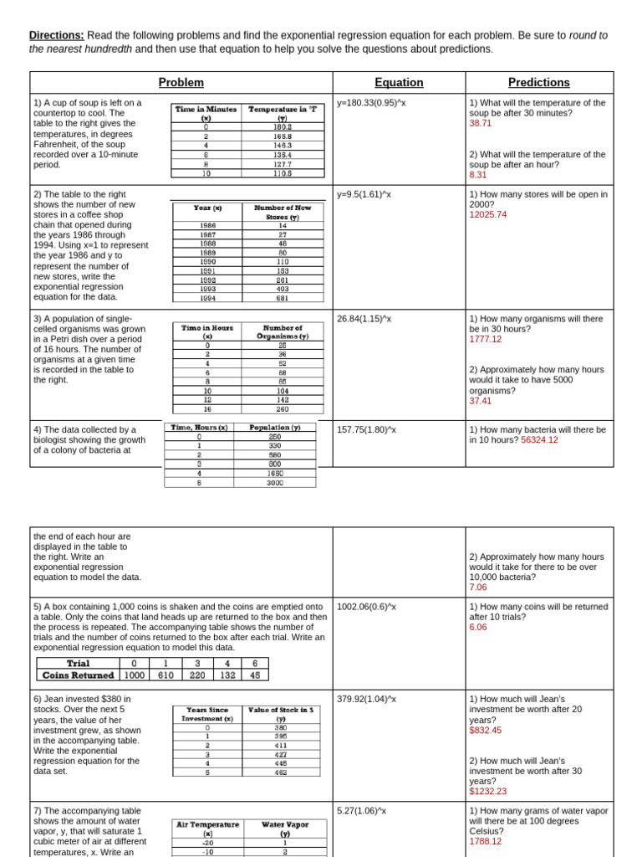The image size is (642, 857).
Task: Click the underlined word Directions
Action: coord(56,36)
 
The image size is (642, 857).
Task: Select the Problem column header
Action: coord(181,83)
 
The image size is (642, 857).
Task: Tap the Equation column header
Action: coord(399,83)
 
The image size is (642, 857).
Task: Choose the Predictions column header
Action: coord(539,83)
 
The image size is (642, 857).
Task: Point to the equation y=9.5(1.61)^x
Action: coord(364,194)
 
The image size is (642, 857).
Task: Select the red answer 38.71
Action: coord(481,123)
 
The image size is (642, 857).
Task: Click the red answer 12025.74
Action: coord(488,214)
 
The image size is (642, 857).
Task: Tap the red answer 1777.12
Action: coord(486,339)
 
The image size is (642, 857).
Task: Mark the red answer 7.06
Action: coord(477,588)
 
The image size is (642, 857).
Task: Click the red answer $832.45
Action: coord(486,730)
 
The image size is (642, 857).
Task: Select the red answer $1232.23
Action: coord(488,791)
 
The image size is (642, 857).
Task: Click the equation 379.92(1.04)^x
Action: coord(366,699)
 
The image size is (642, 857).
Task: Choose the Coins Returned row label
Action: coord(78,675)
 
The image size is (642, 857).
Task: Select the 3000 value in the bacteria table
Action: coord(275,482)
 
